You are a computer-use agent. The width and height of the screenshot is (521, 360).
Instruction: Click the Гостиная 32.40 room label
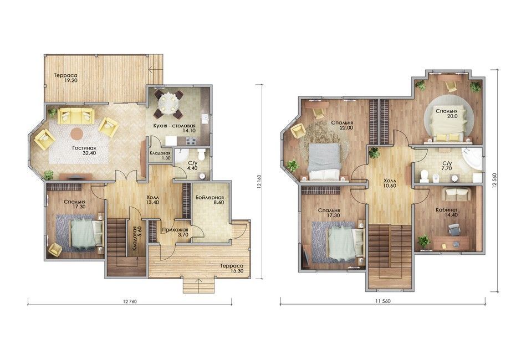[x=84, y=151]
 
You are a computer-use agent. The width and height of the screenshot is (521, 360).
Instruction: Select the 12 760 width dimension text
[x=130, y=302]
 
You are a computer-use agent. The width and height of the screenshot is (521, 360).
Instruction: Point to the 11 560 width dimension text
[x=383, y=301]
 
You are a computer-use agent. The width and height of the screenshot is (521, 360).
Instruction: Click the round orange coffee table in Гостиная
[x=76, y=133]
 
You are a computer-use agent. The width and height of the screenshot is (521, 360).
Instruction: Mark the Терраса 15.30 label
[x=232, y=269]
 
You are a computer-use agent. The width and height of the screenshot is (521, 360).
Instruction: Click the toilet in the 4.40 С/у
[x=201, y=155]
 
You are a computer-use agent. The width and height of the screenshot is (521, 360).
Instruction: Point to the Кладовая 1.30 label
[x=160, y=156]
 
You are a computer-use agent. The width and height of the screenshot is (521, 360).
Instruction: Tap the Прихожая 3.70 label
[x=175, y=232]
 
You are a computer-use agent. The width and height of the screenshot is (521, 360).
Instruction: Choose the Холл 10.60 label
[x=389, y=183]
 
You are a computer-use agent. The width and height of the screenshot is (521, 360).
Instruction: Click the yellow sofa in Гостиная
[x=76, y=116]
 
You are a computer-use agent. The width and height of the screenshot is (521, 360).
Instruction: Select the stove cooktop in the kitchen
[x=191, y=141]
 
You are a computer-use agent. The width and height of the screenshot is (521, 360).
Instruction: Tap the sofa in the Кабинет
[x=458, y=194]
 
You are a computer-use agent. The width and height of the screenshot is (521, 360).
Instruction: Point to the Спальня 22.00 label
[x=342, y=125]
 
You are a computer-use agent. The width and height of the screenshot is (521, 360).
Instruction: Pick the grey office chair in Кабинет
[x=453, y=229]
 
